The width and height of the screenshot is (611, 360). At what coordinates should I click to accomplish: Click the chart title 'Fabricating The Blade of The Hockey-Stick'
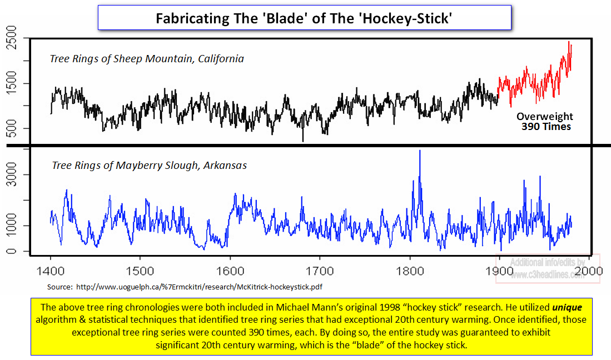(x=304, y=18)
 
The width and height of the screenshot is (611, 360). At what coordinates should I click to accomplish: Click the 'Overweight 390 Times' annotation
(x=544, y=121)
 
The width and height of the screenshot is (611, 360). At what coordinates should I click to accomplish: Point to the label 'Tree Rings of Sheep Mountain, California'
(x=147, y=58)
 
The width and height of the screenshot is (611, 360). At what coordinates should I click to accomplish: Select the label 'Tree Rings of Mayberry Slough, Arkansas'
(x=149, y=165)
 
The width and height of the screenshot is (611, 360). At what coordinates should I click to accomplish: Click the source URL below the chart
(x=184, y=287)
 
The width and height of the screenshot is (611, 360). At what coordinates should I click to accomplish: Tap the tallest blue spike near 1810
(x=420, y=151)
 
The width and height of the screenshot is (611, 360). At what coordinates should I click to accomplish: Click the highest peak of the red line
(x=569, y=42)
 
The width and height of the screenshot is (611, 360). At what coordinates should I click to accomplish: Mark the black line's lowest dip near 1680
(x=303, y=141)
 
